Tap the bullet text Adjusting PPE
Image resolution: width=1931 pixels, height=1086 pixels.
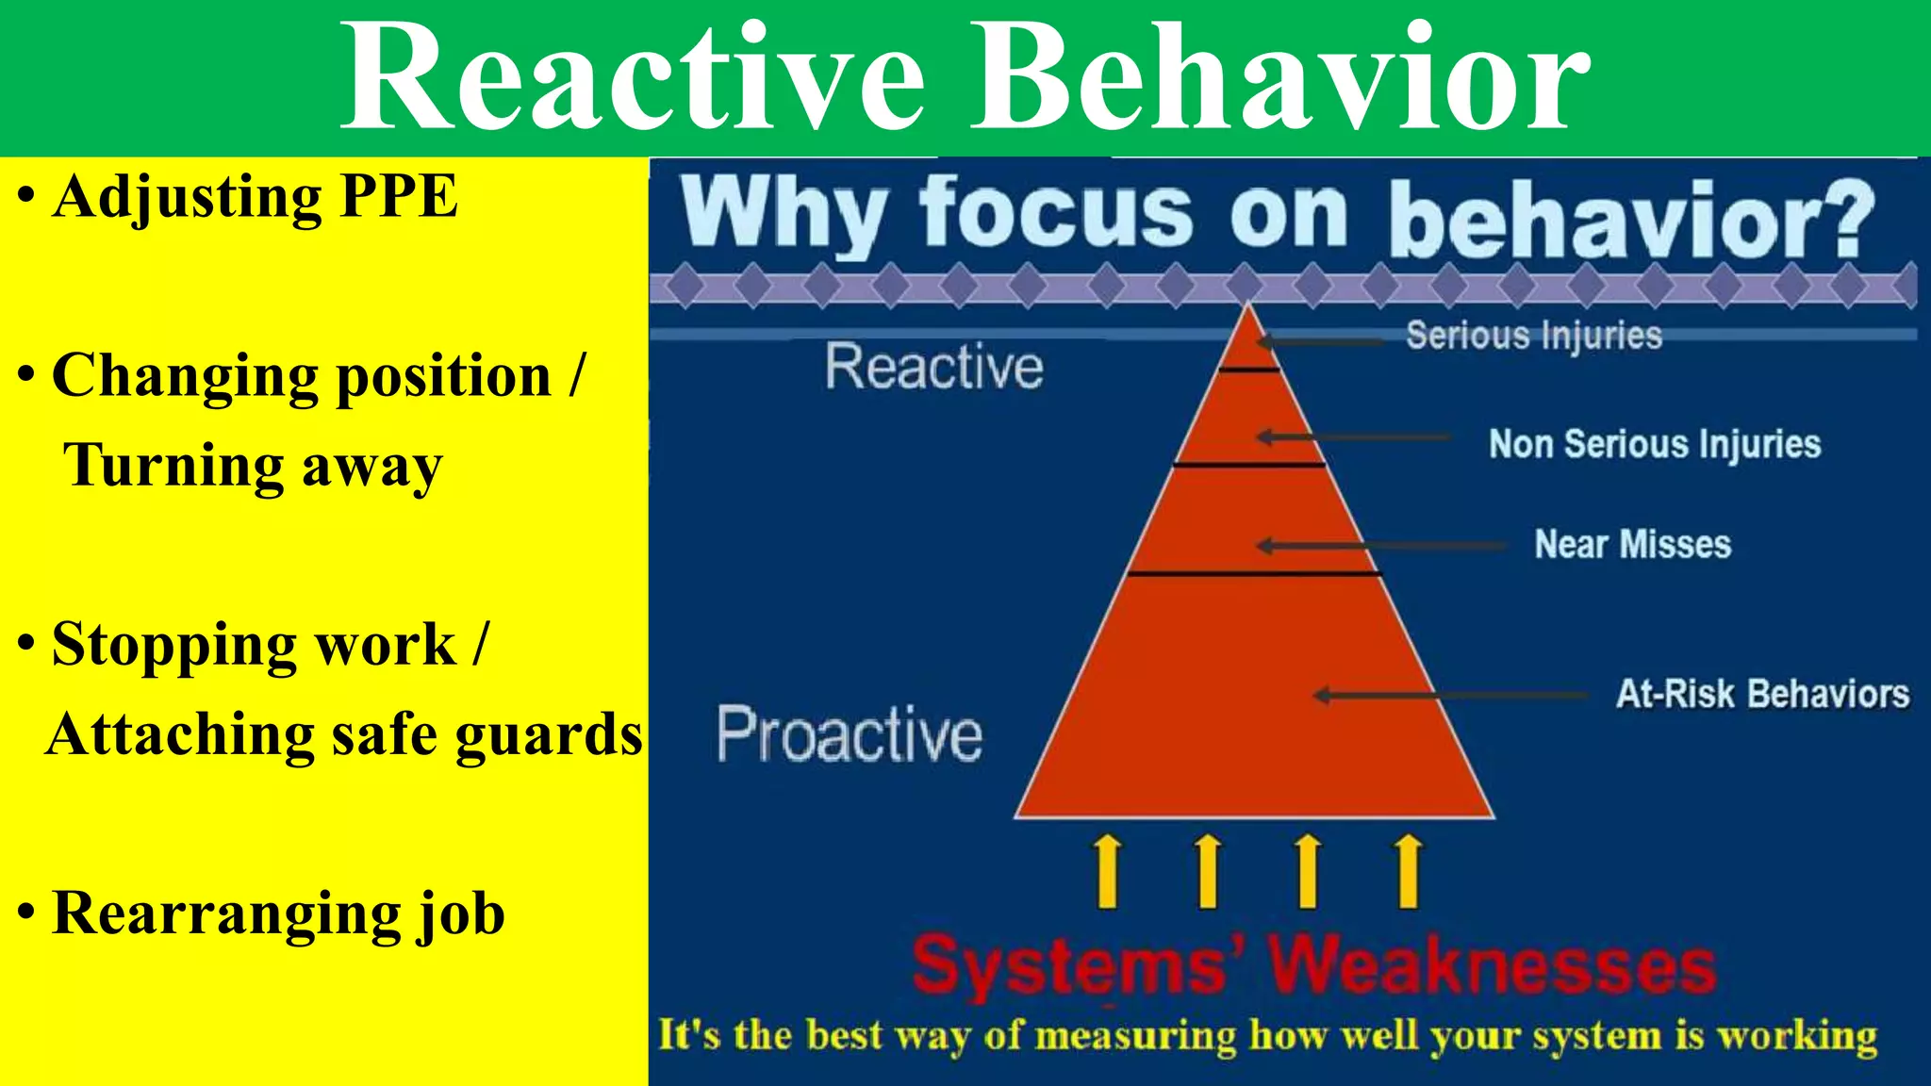[x=255, y=198]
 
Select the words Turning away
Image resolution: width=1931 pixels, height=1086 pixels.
[x=253, y=467]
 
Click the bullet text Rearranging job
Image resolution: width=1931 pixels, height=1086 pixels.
[x=278, y=914]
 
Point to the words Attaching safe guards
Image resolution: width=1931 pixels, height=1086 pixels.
[x=344, y=735]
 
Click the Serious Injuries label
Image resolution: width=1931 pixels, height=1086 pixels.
[x=1533, y=336]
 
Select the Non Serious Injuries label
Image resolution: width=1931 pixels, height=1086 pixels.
[x=1655, y=444]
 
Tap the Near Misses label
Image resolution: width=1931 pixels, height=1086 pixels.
[x=1633, y=544]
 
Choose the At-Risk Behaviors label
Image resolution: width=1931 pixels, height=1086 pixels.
[x=1762, y=694]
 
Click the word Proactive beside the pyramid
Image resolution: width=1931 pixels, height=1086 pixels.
[x=849, y=734]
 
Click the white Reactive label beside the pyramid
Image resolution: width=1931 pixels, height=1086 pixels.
[x=934, y=367]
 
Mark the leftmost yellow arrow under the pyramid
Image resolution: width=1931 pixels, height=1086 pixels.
[x=1108, y=871]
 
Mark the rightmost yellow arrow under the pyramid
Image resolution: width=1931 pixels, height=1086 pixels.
[x=1408, y=871]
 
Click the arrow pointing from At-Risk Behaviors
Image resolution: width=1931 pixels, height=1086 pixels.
[x=1452, y=696]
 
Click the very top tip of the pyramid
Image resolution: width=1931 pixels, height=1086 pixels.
[x=1249, y=305]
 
